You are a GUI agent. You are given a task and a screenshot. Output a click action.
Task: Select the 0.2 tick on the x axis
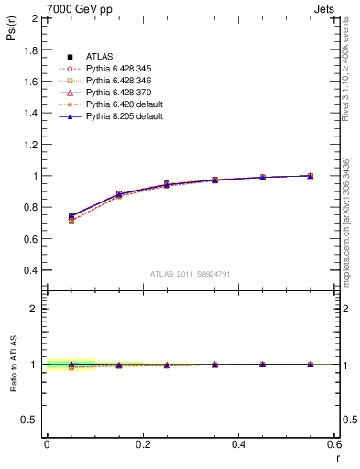(142, 444)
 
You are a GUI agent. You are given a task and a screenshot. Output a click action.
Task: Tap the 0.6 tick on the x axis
(334, 444)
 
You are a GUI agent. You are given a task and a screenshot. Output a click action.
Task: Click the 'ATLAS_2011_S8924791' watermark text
(189, 274)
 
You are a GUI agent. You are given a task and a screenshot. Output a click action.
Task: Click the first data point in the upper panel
(71, 217)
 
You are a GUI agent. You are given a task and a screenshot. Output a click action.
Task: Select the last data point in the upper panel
(311, 175)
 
